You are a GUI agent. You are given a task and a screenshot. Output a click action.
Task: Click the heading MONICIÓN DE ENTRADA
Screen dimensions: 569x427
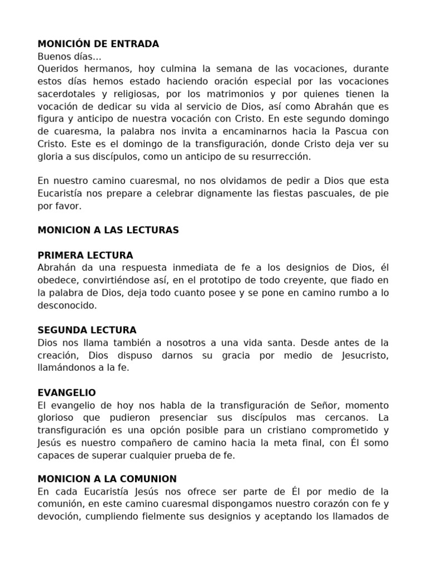point(98,44)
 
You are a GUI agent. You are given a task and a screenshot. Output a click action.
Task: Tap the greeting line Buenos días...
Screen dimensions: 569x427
point(69,56)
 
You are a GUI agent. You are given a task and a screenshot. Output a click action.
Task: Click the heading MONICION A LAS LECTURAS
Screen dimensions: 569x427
point(108,230)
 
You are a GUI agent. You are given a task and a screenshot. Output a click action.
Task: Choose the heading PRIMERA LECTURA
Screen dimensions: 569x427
point(85,255)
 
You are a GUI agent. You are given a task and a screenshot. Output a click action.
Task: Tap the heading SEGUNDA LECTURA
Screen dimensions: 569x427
point(87,330)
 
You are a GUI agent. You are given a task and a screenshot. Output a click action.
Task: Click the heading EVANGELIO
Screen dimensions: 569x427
point(67,392)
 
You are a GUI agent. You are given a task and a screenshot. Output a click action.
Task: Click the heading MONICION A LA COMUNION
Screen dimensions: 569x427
point(107,478)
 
